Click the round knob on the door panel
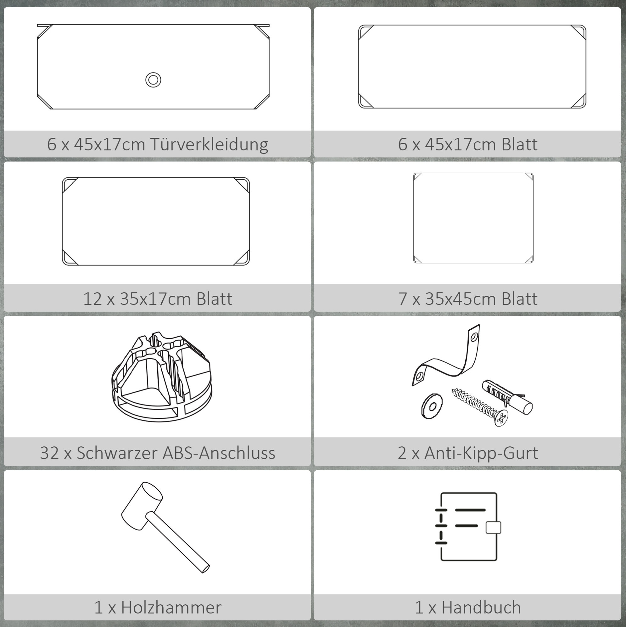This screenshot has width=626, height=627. coord(153,80)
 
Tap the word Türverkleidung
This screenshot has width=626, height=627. coord(209,144)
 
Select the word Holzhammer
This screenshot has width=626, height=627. coord(171,607)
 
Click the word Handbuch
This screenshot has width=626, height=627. coord(481,607)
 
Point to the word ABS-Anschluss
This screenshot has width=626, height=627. coord(219,453)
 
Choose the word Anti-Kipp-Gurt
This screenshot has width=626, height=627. coord(481,453)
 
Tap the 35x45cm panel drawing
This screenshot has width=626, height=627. coord(473,218)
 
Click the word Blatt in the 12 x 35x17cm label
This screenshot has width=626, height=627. coord(215,299)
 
